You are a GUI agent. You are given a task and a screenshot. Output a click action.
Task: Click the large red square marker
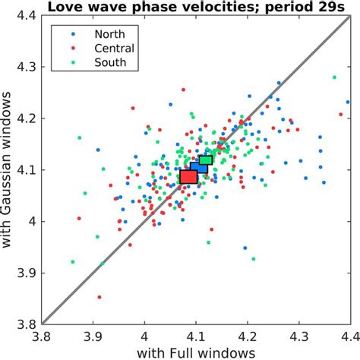click(188, 177)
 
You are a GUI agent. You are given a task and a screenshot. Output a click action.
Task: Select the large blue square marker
click(198, 168)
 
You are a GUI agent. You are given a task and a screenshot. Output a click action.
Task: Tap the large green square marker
click(206, 159)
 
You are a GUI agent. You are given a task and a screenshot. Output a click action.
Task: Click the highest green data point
click(333, 77)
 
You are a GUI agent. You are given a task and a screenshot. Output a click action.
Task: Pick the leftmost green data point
click(72, 262)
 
